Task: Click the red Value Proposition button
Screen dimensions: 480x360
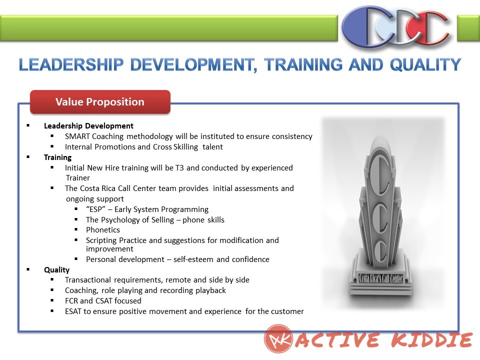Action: point(100,102)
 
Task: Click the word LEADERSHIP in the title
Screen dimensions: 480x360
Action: point(71,64)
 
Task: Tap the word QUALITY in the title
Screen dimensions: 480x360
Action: point(425,64)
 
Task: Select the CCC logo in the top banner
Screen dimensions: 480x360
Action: point(396,27)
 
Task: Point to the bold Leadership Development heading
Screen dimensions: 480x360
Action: point(88,126)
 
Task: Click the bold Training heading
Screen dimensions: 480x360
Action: point(57,157)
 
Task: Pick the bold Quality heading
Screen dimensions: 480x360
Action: point(56,269)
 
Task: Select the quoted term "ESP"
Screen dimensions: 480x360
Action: point(95,209)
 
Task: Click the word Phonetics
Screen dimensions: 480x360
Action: point(103,229)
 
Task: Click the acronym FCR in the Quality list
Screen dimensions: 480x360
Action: point(71,300)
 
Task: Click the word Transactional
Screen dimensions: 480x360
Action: point(88,280)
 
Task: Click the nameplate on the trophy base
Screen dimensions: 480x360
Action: point(381,278)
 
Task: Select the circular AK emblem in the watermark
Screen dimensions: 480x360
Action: point(278,338)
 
